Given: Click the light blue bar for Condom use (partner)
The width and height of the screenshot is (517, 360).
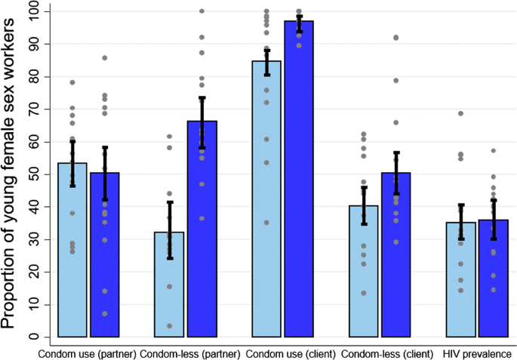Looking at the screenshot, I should tap(73, 250).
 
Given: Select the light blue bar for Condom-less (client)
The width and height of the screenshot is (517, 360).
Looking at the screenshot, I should tap(364, 271).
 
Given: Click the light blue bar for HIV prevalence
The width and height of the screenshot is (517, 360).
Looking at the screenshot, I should tap(460, 279).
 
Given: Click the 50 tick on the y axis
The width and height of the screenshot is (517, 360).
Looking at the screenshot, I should tap(35, 174).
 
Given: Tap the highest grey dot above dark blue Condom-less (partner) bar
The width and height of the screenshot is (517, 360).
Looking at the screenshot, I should tap(202, 11).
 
